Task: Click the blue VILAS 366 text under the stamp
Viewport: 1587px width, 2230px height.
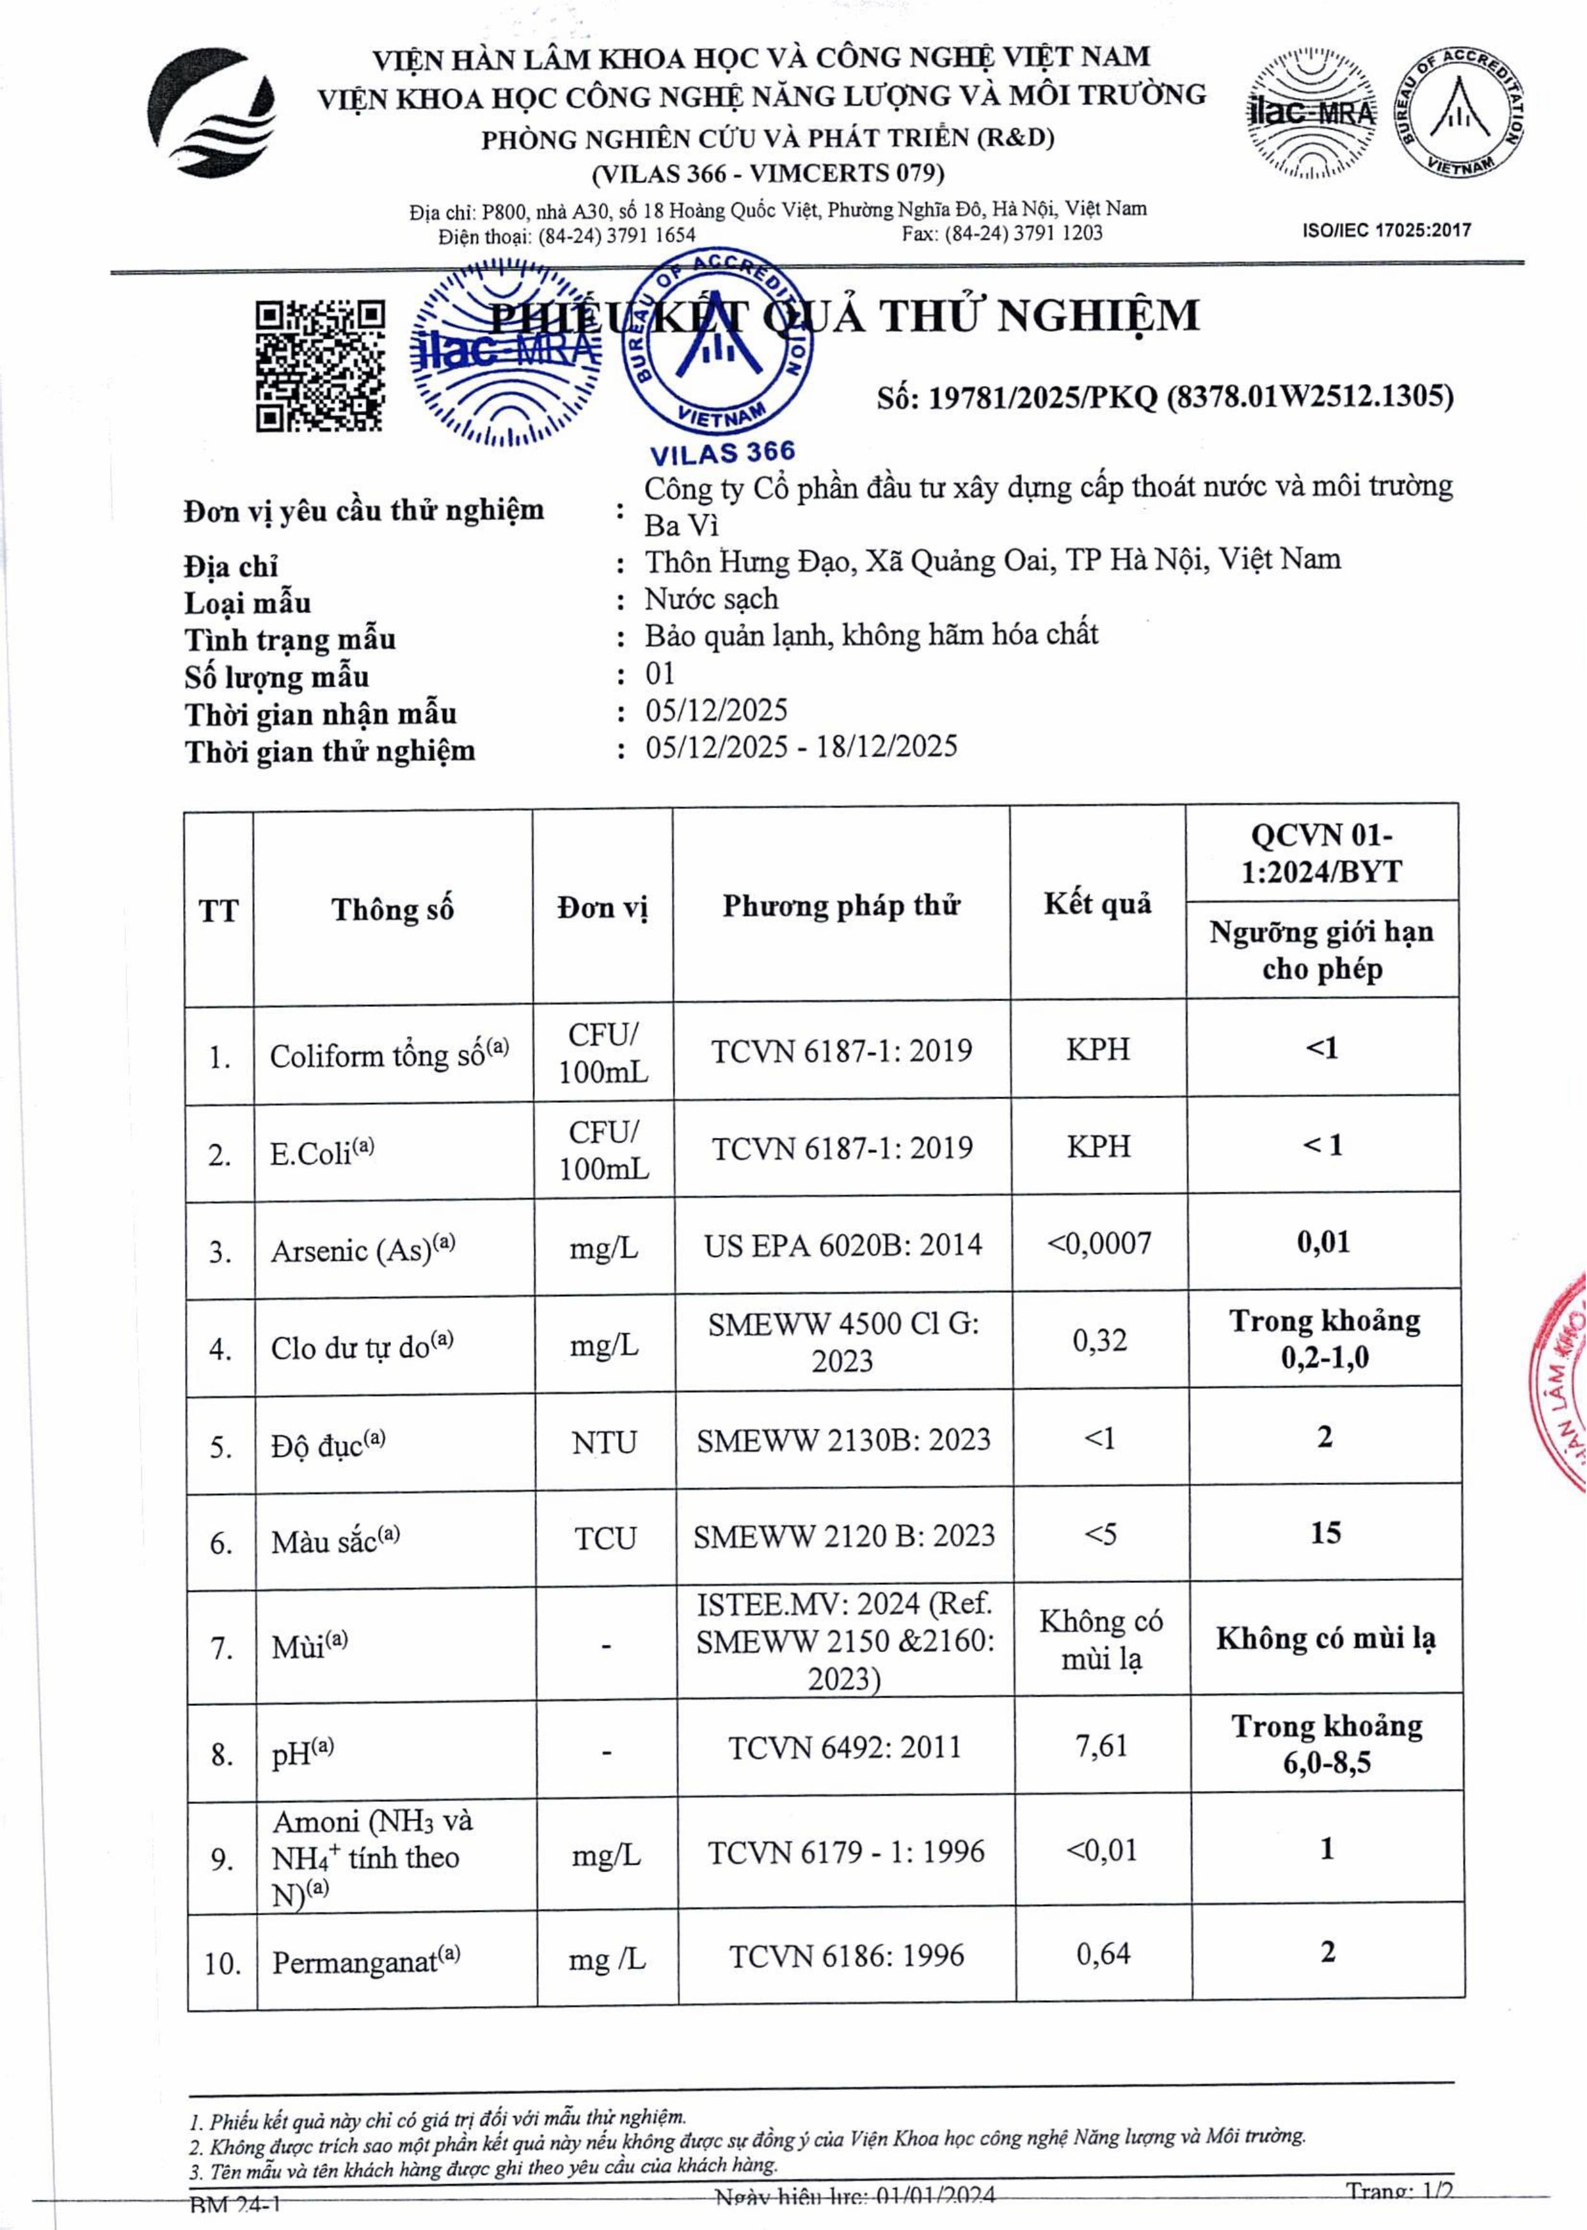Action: click(x=722, y=453)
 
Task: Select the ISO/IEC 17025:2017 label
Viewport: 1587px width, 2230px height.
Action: click(x=1385, y=230)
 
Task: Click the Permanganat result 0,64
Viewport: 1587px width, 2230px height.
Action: click(x=1103, y=1953)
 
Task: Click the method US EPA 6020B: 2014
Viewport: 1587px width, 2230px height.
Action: click(x=842, y=1245)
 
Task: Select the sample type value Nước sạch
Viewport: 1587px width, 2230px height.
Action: click(x=712, y=598)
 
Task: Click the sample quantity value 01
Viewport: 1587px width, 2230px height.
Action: click(x=660, y=673)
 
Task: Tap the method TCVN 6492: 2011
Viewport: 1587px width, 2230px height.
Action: click(x=844, y=1746)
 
